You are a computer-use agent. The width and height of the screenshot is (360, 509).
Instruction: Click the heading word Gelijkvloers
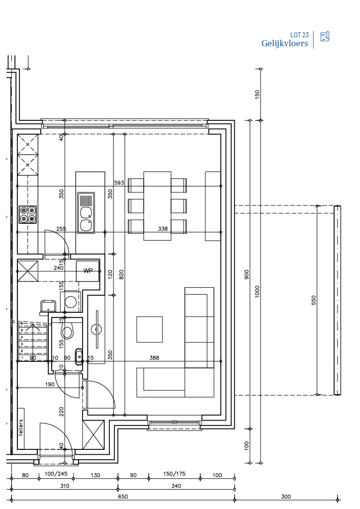coord(285,44)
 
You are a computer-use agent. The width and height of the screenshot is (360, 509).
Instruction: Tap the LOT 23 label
coord(299,35)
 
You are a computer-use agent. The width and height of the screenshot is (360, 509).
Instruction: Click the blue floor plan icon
coord(325,36)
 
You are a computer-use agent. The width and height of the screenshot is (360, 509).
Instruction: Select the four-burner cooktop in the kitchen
coord(27,215)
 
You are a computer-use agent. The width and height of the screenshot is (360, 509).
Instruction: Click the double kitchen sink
coord(86,213)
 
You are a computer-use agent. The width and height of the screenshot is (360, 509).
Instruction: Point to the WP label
coord(88,271)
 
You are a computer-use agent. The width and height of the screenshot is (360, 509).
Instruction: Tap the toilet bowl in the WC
coord(67,331)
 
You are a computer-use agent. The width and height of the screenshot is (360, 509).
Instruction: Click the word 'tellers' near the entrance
coord(21,428)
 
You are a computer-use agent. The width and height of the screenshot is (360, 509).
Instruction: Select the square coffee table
coord(149,329)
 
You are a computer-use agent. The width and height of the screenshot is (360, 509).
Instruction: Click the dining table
coord(158,206)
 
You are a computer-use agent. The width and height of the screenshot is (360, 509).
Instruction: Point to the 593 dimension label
coord(119,183)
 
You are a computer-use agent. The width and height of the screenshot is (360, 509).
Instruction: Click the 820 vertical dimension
coord(121,274)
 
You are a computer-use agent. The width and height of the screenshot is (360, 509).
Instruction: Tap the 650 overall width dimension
coord(123,497)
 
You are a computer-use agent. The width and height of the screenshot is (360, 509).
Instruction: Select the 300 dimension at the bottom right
coord(286,497)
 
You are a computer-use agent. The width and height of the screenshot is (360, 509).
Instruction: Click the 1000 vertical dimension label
coord(258,291)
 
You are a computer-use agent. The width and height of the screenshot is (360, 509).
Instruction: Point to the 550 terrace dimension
coord(314,300)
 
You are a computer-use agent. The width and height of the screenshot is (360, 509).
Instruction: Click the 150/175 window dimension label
coord(175,474)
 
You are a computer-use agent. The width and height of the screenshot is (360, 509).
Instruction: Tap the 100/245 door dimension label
coord(56,474)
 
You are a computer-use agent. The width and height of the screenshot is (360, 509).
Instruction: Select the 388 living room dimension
coord(154,358)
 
